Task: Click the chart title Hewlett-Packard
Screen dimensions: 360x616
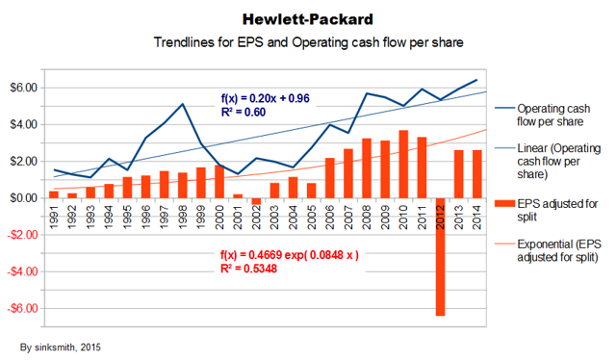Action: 307,18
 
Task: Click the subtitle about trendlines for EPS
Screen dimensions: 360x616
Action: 307,43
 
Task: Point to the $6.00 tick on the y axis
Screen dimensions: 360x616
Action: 23,88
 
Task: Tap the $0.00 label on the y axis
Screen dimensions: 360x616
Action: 23,198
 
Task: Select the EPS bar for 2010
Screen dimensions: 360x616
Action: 403,164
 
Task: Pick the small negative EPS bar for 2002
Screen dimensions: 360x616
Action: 256,200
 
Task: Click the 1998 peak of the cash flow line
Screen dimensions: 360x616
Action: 182,104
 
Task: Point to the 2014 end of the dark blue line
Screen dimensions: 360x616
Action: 476,80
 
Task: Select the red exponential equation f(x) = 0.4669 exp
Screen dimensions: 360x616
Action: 289,256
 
